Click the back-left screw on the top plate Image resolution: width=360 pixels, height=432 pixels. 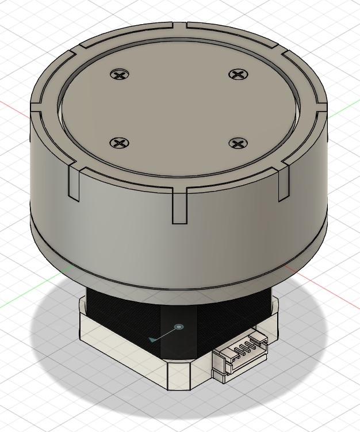coord(120,74)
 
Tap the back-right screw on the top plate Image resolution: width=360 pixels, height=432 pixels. coord(237,74)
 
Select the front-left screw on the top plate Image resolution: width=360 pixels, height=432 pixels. coord(119,143)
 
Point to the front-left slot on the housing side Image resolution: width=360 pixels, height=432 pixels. coord(74,183)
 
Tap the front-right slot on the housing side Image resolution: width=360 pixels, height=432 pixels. coord(283,183)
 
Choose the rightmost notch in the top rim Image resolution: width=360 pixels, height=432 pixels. coord(322,107)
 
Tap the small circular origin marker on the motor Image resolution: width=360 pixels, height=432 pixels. coord(179,327)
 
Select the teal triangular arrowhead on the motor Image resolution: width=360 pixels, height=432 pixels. coord(152,339)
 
